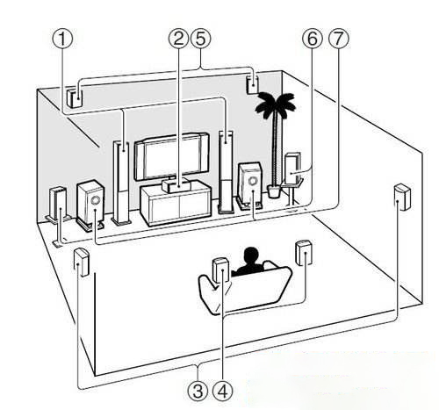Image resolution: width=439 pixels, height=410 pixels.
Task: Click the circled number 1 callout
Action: tap(62, 40)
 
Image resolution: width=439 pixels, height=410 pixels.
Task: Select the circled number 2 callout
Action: tap(178, 39)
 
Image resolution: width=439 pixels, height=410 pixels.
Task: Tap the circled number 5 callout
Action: tap(200, 39)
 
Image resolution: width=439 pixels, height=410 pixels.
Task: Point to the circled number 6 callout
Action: tap(313, 39)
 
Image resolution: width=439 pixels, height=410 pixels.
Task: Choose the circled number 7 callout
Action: tap(339, 39)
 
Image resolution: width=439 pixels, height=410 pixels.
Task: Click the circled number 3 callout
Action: tap(198, 391)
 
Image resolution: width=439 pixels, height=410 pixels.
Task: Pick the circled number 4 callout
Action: tap(223, 391)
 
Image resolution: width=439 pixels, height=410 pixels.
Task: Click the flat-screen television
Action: tap(172, 156)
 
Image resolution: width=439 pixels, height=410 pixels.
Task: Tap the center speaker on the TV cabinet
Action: tap(175, 185)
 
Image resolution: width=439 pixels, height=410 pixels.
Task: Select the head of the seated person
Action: tap(251, 255)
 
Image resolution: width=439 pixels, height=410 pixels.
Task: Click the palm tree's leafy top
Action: tap(275, 104)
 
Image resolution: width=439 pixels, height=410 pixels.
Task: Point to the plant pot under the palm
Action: tap(274, 192)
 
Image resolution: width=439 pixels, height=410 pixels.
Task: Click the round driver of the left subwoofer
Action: tap(95, 200)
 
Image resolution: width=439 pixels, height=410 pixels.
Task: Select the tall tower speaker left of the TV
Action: tap(121, 183)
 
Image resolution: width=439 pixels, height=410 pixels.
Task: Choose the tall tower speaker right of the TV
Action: tap(226, 171)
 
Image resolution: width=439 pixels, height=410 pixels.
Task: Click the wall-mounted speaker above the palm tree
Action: tap(252, 84)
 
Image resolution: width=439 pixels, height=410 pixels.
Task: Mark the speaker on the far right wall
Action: tap(402, 197)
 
